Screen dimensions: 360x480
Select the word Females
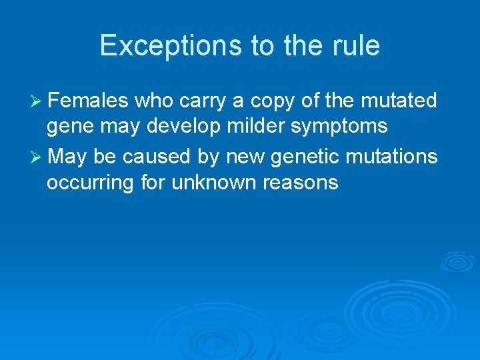[x=89, y=101]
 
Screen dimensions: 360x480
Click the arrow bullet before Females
[x=37, y=101]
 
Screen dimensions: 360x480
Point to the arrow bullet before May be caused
[x=37, y=157]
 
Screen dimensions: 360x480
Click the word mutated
[x=398, y=101]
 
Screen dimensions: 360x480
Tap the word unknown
[x=212, y=183]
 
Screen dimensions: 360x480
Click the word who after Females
[x=153, y=101]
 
